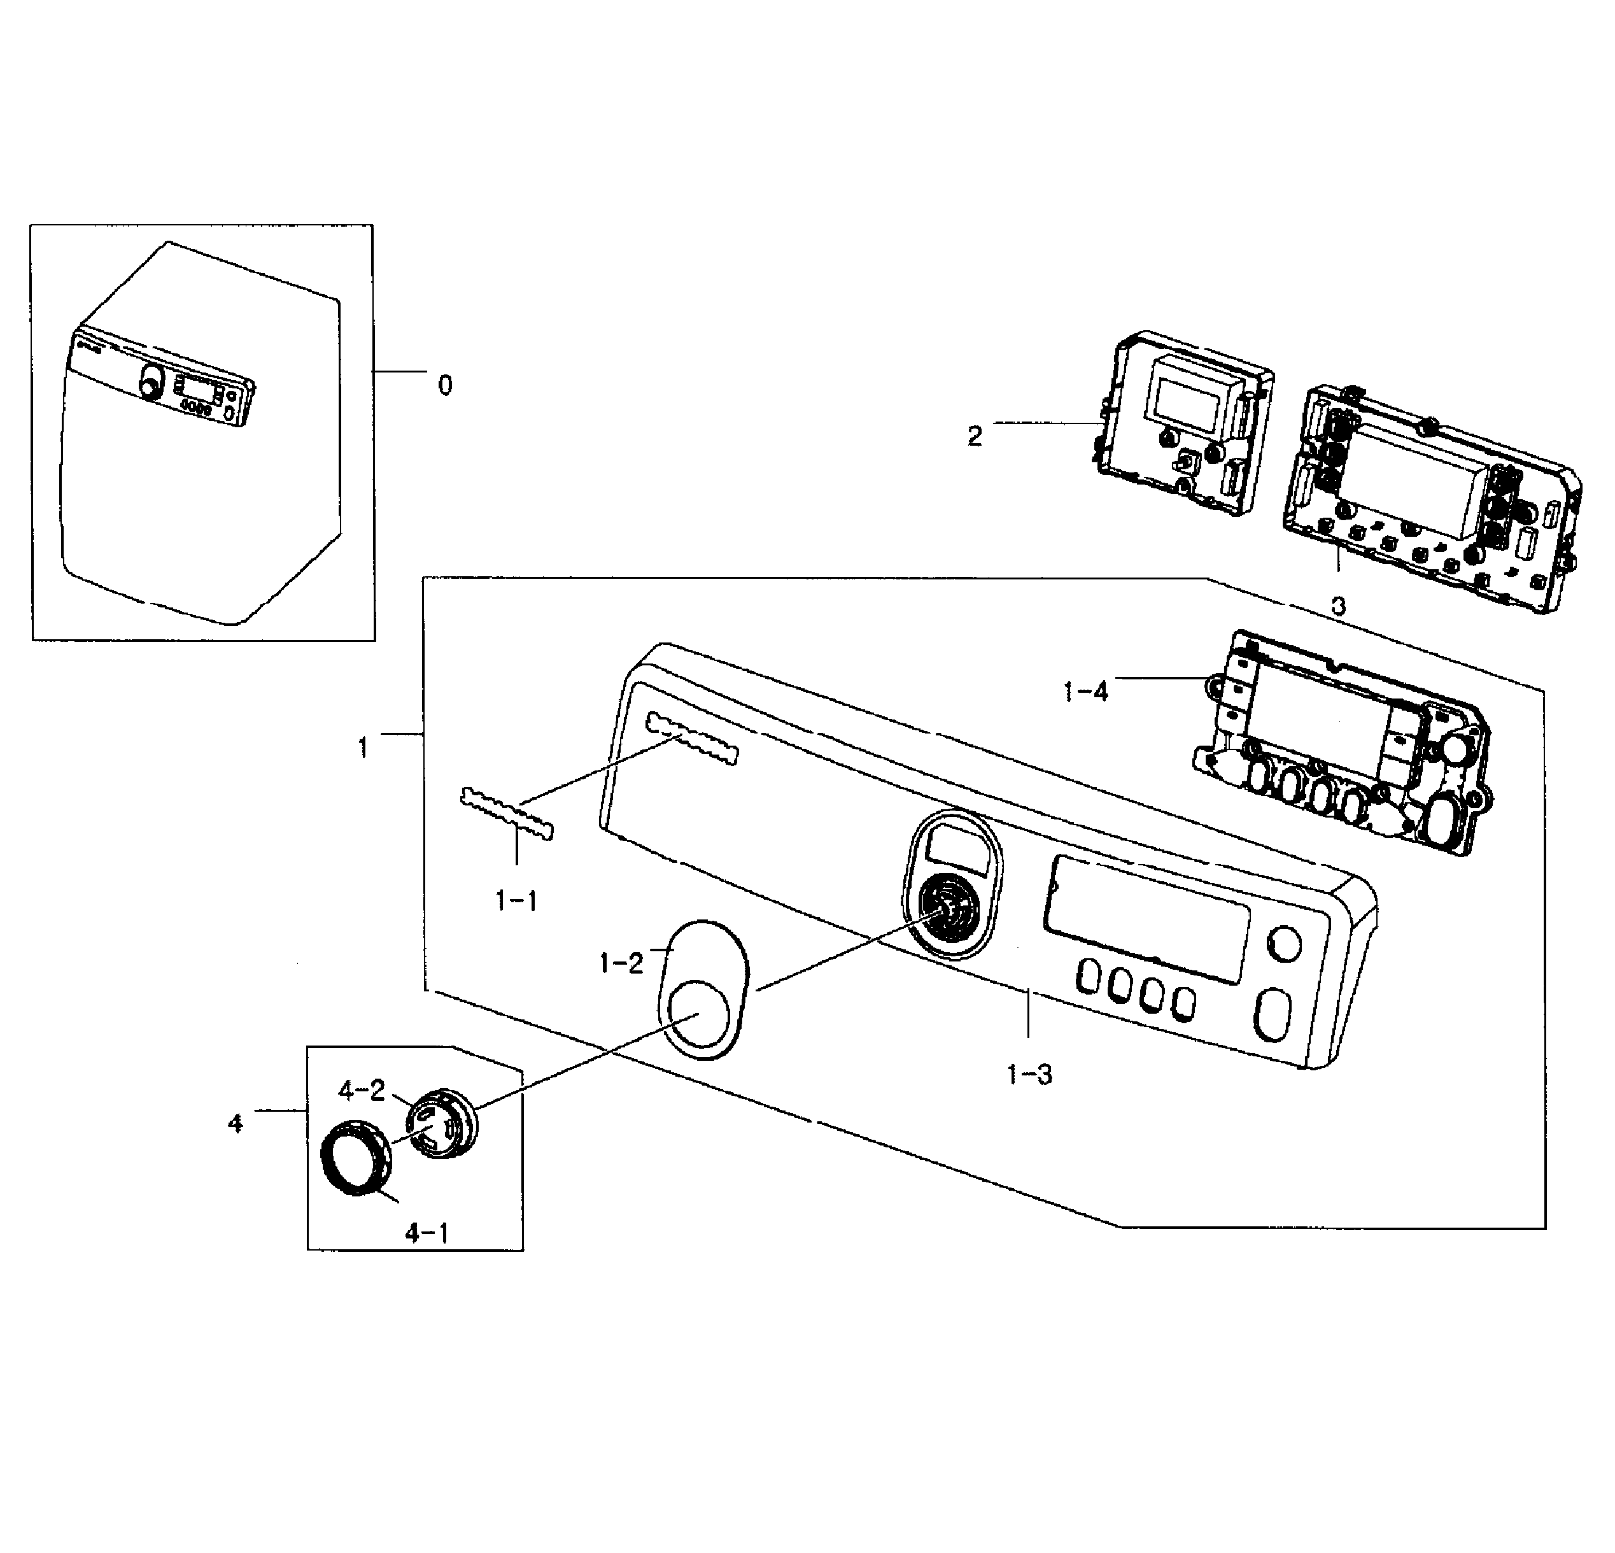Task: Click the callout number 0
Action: coord(445,385)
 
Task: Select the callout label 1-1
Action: coord(517,901)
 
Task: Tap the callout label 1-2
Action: coord(621,962)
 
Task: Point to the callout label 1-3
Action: coord(1029,1074)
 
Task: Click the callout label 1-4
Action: coord(1086,691)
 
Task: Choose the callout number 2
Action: coord(975,436)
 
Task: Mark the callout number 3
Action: coord(1338,606)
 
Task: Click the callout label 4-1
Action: coord(428,1233)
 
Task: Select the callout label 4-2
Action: coord(362,1091)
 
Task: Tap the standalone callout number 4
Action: coord(236,1124)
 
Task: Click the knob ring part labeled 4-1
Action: coord(355,1158)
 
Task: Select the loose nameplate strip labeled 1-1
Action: coord(507,814)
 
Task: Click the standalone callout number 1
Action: coord(363,748)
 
